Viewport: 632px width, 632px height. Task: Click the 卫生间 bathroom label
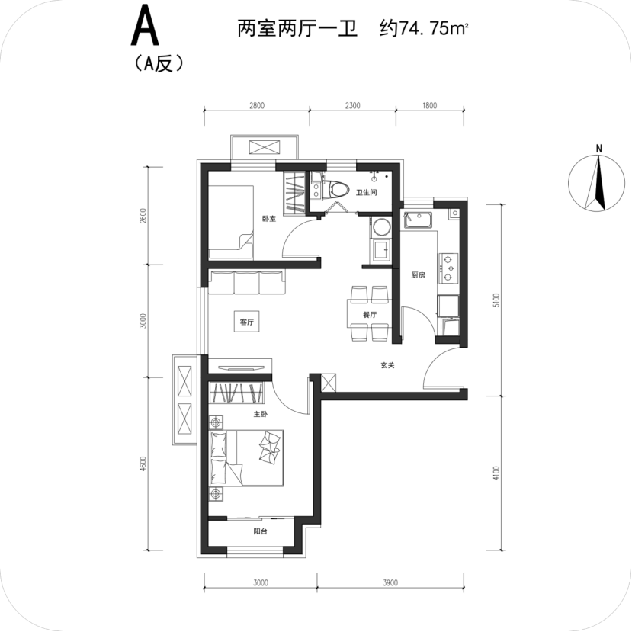[367, 193]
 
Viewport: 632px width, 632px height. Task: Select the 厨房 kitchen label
[418, 275]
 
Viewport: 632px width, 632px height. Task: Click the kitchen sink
[418, 220]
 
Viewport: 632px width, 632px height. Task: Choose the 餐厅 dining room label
[370, 315]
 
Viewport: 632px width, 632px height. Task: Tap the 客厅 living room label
[247, 322]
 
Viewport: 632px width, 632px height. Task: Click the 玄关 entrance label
[387, 365]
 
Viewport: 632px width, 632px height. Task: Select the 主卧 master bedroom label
[261, 414]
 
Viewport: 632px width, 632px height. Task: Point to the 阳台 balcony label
[261, 531]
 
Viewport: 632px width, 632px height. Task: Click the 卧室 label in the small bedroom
[269, 219]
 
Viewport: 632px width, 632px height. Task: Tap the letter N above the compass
[599, 149]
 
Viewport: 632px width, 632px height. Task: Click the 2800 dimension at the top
[257, 106]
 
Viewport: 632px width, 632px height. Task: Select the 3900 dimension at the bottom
[390, 582]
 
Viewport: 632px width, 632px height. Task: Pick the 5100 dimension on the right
[496, 300]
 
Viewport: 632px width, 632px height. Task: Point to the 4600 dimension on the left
[143, 464]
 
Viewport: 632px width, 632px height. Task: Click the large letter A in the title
[145, 27]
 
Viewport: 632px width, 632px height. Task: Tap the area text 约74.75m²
[423, 29]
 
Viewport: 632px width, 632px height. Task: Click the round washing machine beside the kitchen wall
[381, 226]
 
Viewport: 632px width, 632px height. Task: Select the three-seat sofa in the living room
[247, 282]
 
